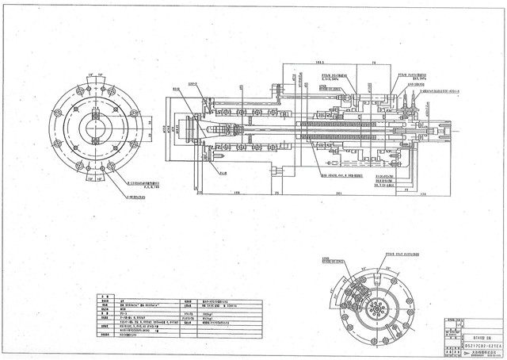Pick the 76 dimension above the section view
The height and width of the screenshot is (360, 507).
374,61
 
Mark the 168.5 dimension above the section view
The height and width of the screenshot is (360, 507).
320,61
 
